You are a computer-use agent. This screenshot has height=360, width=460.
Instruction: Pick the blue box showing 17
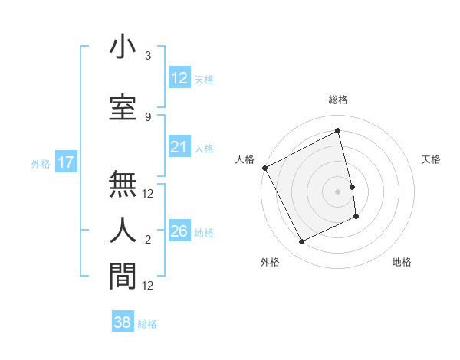[65, 162]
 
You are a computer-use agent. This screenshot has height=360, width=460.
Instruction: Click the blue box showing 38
[123, 322]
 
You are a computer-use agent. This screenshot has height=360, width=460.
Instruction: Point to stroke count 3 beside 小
[148, 56]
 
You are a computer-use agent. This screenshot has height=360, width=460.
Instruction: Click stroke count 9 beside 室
[148, 116]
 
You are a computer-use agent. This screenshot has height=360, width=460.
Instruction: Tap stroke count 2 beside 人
[148, 240]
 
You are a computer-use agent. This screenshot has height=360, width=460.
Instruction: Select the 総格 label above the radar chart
[338, 100]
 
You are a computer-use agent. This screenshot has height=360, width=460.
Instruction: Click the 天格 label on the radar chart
[431, 159]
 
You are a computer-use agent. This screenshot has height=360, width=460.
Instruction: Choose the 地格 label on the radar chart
[402, 262]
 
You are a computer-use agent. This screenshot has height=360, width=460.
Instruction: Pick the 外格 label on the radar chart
[270, 262]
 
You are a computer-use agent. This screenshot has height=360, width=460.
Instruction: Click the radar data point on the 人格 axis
[264, 168]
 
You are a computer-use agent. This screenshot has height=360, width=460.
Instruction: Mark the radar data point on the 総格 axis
[338, 131]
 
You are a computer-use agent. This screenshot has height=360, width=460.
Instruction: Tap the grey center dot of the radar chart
[338, 191]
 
